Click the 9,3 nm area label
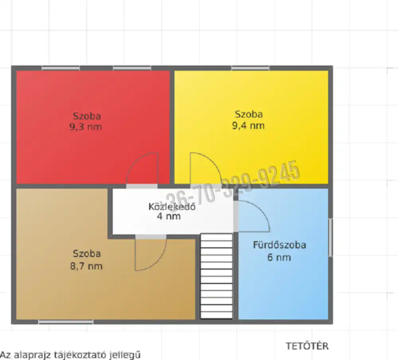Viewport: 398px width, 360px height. (86, 126)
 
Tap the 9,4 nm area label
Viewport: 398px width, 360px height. (248, 125)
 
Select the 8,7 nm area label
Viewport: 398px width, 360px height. (86, 266)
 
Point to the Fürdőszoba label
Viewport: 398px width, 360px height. (279, 245)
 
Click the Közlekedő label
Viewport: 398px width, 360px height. (172, 206)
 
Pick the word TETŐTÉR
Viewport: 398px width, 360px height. (307, 346)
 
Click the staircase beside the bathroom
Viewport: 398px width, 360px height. (217, 276)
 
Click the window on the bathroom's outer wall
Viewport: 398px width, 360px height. (330, 237)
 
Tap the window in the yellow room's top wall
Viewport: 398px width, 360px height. (250, 68)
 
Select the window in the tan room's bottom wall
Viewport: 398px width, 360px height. (66, 322)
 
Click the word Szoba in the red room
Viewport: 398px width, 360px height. (87, 116)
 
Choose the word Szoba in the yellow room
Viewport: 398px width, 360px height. (249, 114)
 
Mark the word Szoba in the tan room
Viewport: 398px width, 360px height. (87, 253)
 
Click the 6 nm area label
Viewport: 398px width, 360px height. (279, 257)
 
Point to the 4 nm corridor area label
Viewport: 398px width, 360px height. (169, 216)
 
